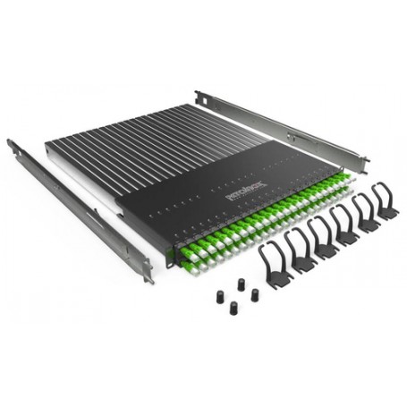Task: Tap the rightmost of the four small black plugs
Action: (x=256, y=293)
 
